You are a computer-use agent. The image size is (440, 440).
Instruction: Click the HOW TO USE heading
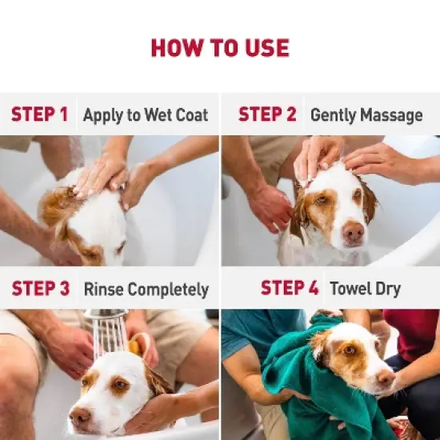(219, 48)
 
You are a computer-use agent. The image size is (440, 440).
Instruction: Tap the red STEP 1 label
(39, 114)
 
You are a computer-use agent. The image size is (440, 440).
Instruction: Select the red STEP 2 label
(267, 114)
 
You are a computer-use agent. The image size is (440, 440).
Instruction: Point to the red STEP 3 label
(40, 289)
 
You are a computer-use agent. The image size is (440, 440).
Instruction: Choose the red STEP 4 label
(290, 288)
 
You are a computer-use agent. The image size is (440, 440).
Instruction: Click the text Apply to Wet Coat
(146, 115)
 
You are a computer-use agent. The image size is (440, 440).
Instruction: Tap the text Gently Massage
(366, 115)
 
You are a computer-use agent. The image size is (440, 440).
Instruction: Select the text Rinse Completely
(146, 290)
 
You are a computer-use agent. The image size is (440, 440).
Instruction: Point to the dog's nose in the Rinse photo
(80, 416)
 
